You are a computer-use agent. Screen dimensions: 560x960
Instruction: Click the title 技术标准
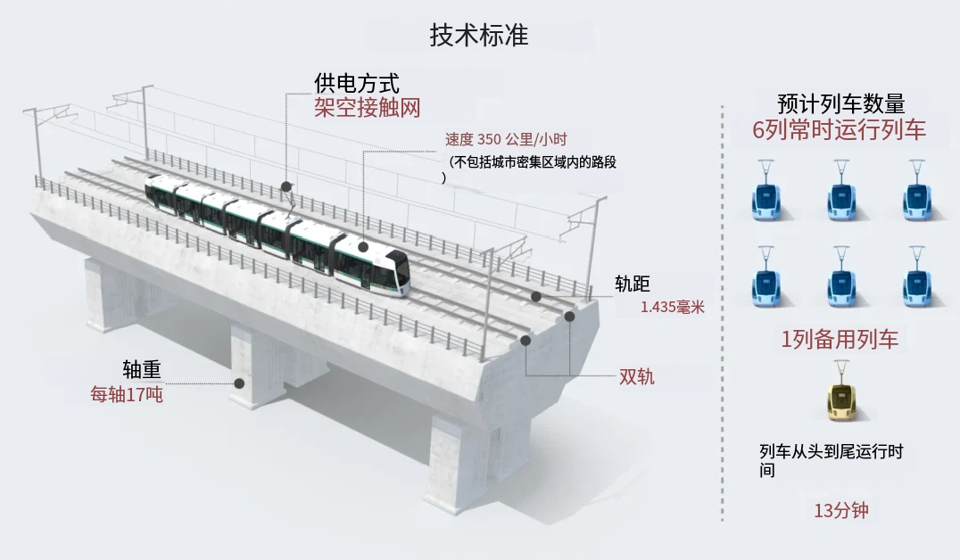479,35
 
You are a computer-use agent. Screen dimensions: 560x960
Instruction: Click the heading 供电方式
356,83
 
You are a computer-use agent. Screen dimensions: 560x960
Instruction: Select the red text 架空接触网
367,108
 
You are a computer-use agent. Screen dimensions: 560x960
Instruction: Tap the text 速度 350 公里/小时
506,139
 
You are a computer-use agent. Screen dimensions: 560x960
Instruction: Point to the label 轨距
633,284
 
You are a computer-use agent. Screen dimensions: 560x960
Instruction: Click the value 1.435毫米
672,307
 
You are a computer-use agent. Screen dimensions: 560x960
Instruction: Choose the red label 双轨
637,376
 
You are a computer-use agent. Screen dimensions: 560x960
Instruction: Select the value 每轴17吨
127,394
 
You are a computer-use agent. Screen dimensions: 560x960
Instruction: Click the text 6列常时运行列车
839,130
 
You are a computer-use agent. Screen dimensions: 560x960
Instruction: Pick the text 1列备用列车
839,339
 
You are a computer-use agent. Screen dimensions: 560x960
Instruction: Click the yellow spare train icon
840,399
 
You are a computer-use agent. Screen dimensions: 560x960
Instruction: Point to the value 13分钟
840,511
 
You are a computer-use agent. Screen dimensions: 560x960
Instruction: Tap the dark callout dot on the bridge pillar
239,383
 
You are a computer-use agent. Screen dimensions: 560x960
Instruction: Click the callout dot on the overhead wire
286,186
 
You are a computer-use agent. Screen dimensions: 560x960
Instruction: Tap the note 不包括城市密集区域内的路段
534,162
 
